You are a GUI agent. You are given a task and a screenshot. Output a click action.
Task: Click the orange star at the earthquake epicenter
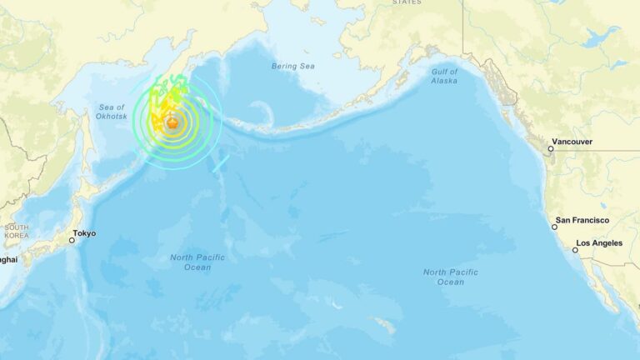(x=172, y=123)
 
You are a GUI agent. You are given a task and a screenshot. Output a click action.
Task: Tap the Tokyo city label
(x=84, y=233)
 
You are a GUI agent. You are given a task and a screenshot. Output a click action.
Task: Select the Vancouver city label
(x=573, y=142)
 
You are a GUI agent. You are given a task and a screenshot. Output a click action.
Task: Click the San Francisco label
(x=583, y=220)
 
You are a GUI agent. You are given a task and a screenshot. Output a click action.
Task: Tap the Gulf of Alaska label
(x=445, y=76)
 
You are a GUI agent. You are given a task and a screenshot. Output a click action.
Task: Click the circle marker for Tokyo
(x=72, y=240)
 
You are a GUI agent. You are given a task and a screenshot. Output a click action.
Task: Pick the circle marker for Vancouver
(x=550, y=149)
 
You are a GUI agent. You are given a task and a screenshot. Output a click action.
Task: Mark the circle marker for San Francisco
(x=554, y=227)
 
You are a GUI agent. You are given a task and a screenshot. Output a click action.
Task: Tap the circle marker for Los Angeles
(x=575, y=249)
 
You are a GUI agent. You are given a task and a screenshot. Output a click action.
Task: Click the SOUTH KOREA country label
(x=16, y=232)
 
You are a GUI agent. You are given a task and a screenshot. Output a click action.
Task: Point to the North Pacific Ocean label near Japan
(x=197, y=262)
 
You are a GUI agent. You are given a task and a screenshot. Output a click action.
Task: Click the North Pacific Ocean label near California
(x=450, y=277)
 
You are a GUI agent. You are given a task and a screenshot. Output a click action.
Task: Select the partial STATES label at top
(x=407, y=2)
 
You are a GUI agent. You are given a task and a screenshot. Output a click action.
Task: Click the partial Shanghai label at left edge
(x=8, y=259)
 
